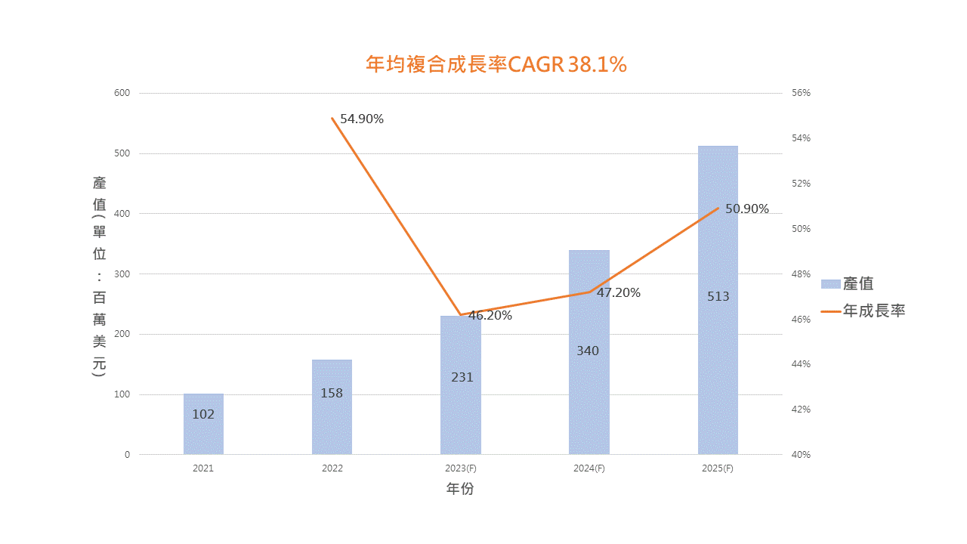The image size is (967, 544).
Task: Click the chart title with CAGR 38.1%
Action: [x=496, y=65]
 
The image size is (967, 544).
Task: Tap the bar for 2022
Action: [x=332, y=423]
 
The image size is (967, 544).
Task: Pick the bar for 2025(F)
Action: [x=718, y=340]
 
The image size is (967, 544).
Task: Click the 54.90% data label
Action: [x=362, y=119]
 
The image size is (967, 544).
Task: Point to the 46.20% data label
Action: [x=490, y=316]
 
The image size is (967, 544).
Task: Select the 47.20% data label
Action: [x=619, y=292]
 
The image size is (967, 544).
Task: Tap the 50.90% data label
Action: [x=747, y=209]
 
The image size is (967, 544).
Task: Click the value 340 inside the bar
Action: [x=588, y=351]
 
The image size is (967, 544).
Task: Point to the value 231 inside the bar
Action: [x=462, y=377]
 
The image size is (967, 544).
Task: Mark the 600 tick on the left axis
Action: [x=122, y=93]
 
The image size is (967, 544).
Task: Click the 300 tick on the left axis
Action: [x=122, y=274]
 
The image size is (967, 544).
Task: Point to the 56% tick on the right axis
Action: [x=802, y=93]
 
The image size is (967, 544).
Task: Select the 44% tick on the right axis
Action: [x=802, y=364]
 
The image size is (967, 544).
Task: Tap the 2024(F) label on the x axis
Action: [x=589, y=468]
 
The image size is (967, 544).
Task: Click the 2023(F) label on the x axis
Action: [x=461, y=468]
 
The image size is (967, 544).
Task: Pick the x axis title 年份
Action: [x=460, y=489]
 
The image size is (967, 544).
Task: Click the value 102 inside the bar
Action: [x=203, y=414]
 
